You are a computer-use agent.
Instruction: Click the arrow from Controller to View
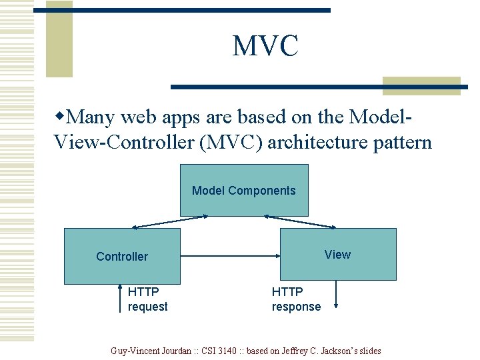tap(230, 255)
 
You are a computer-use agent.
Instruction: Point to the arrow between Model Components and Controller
tap(171, 221)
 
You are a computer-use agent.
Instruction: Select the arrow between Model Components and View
tap(300, 221)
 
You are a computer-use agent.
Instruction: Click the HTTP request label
tap(147, 299)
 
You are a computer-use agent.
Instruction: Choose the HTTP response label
tap(296, 299)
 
